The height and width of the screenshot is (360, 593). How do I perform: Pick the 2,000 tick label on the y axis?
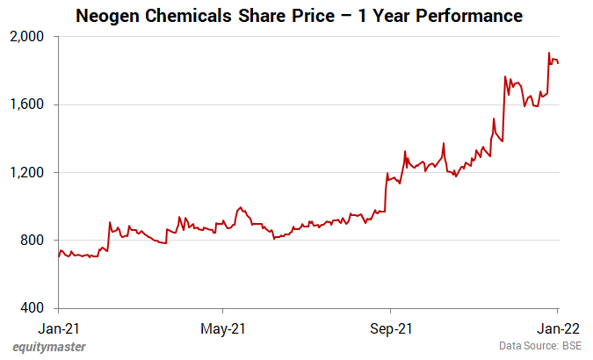point(33,37)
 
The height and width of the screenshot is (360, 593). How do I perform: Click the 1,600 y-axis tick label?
point(33,104)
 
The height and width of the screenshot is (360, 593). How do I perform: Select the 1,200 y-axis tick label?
point(33,172)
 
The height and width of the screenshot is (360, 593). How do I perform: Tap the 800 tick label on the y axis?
point(38,241)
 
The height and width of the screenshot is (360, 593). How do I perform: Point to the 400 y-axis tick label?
point(38,308)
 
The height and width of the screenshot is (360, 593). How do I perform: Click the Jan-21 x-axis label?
point(58,328)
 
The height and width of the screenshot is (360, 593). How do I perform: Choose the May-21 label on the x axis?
point(223,328)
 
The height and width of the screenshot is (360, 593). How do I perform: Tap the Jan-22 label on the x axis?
point(555,328)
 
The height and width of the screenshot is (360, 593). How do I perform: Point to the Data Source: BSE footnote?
point(540,347)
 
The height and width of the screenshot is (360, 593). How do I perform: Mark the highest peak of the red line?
point(549,53)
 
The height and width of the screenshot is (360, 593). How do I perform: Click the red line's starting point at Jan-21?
point(58,257)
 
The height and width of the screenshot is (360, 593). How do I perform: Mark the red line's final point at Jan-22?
point(558,63)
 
